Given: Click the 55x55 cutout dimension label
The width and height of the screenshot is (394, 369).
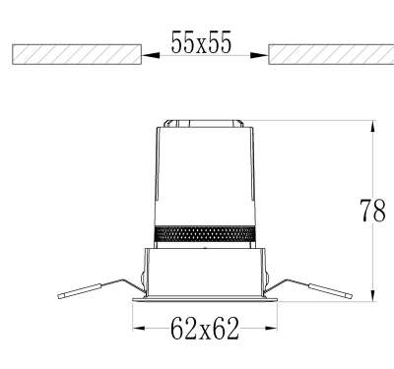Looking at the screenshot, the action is click(x=201, y=42).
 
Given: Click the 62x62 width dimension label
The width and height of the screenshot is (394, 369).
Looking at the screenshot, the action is click(x=205, y=328).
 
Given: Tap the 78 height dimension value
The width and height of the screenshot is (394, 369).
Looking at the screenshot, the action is click(x=373, y=211).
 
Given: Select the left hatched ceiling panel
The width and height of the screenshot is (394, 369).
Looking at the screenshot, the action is click(x=77, y=54).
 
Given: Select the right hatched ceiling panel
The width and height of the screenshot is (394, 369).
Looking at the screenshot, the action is click(x=331, y=54).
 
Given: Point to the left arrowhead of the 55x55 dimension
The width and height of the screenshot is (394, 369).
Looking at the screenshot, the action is click(x=151, y=55).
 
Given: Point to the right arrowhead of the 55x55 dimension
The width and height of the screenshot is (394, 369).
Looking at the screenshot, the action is click(x=259, y=55).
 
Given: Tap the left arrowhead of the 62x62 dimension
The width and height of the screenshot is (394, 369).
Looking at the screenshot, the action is click(x=139, y=328).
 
